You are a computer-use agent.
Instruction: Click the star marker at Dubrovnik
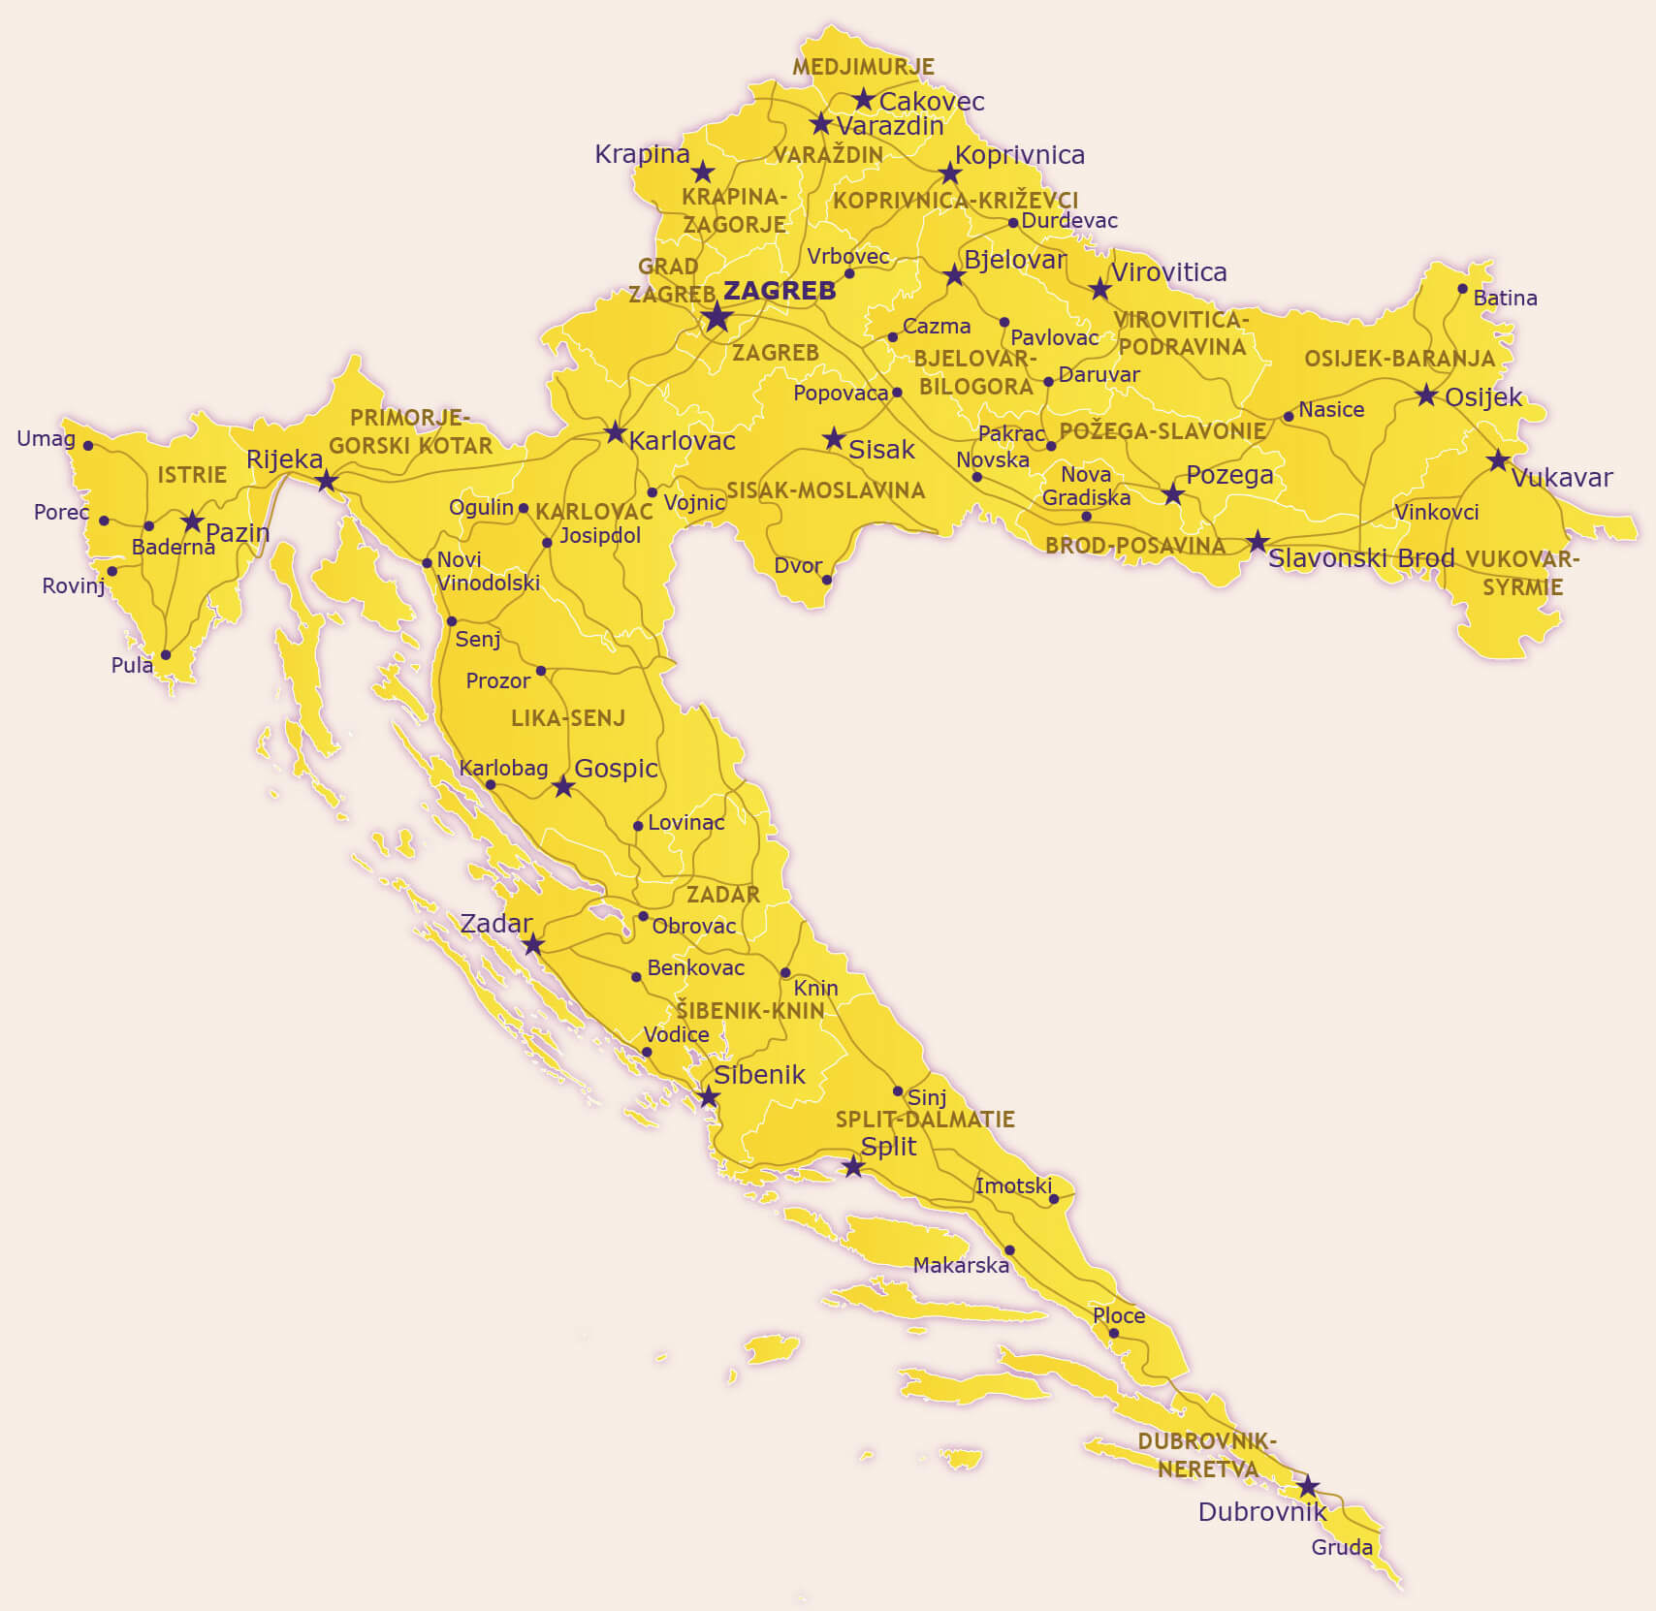[x=1308, y=1486]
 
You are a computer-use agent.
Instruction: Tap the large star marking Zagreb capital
[x=717, y=317]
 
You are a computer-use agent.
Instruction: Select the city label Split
[x=888, y=1146]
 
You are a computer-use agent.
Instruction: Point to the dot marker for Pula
[x=166, y=655]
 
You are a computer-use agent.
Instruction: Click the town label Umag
[x=46, y=438]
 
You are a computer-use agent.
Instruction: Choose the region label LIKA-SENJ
[x=568, y=718]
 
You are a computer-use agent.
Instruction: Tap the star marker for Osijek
[x=1426, y=395]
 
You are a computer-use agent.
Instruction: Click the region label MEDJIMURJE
[x=863, y=67]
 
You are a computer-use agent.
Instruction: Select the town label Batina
[x=1505, y=299]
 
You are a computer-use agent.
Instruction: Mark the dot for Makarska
[x=1009, y=1250]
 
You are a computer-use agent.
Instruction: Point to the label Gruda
[x=1342, y=1548]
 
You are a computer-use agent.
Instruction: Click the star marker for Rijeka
[x=327, y=481]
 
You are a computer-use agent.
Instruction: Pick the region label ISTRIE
[x=192, y=475]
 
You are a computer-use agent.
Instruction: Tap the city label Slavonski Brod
[x=1361, y=558]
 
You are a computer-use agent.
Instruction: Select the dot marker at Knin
[x=785, y=973]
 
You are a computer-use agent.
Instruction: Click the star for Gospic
[x=563, y=786]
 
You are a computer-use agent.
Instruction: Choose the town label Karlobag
[x=503, y=768]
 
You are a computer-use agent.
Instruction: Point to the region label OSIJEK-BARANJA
[x=1399, y=359]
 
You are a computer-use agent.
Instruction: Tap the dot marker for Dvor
[x=827, y=580]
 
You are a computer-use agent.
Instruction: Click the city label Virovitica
[x=1168, y=272]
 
